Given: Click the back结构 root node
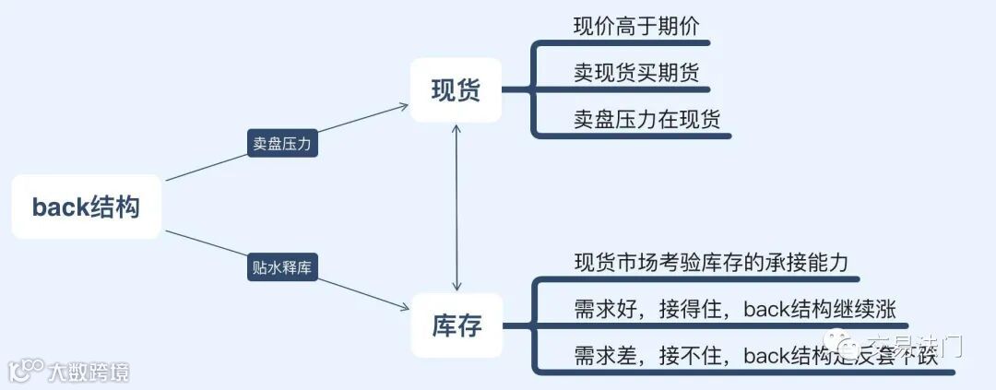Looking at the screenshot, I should (x=86, y=207).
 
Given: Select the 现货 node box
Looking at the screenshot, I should (x=456, y=90).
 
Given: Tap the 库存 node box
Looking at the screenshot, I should (x=456, y=325).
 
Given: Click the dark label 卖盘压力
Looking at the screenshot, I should (x=282, y=144).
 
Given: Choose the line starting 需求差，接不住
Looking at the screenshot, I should (x=752, y=356).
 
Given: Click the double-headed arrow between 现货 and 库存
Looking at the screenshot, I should (x=456, y=207).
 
